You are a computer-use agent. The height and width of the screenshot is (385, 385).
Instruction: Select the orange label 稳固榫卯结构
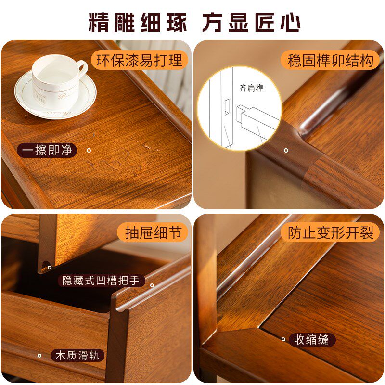point(330,61)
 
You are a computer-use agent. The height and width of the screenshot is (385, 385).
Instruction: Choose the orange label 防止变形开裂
point(331,233)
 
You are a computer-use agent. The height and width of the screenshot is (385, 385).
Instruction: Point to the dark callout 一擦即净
point(47,150)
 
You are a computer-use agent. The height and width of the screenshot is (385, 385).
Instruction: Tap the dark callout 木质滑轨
point(77,356)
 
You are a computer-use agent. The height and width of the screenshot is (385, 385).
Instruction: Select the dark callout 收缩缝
point(311,339)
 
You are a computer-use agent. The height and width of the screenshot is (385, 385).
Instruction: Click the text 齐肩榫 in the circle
point(251,88)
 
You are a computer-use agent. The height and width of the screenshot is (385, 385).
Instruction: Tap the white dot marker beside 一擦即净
point(89,151)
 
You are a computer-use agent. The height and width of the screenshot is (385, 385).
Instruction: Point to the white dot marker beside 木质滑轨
point(39,356)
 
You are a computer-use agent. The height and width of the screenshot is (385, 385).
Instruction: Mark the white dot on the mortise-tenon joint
point(286,150)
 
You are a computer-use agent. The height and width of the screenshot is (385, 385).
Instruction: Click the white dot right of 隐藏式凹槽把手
point(152,285)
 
